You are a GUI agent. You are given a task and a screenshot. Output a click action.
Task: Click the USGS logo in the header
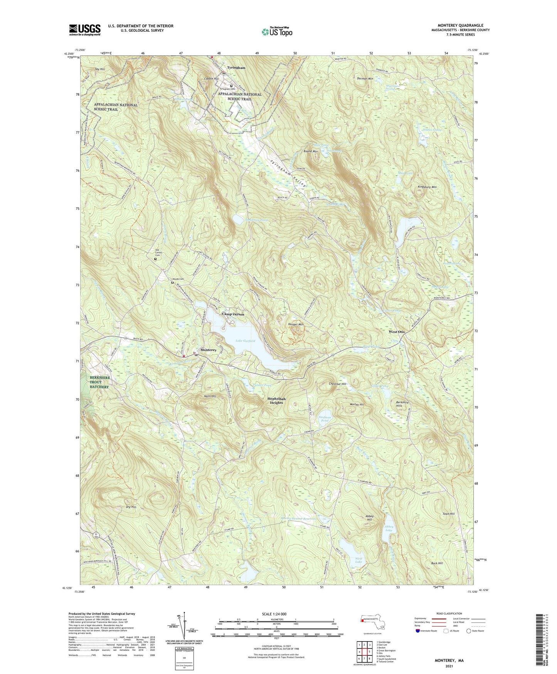point(85,29)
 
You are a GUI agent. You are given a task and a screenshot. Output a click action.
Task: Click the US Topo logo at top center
point(276,32)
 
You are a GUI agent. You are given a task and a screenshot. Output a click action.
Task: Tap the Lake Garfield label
point(245,341)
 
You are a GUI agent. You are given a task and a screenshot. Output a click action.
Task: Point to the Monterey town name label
point(209,350)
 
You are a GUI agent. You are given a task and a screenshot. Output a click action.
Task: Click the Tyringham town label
point(236,68)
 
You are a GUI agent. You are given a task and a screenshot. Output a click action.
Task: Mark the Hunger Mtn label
point(296,325)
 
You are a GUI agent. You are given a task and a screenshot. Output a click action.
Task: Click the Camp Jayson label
point(233,314)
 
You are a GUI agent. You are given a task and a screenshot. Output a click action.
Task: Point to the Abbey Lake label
point(389,528)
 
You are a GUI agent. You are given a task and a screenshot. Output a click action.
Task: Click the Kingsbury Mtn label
point(427,187)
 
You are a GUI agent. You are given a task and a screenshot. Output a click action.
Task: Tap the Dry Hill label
point(131,507)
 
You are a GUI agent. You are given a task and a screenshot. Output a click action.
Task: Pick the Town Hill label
point(448,514)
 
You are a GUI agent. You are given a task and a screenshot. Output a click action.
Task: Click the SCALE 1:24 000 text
point(276,614)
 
